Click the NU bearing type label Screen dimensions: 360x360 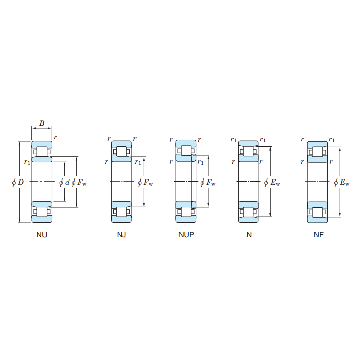click(x=42, y=235)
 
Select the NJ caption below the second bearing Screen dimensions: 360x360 click(x=121, y=235)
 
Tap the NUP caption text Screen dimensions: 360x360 click(x=186, y=235)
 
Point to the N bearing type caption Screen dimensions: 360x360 click(x=249, y=235)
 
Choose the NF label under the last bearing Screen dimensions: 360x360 click(x=319, y=235)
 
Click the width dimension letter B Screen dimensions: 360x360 click(x=42, y=123)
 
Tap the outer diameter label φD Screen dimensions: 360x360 click(x=18, y=183)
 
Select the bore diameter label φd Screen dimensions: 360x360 click(x=64, y=183)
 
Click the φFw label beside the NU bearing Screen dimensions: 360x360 click(x=79, y=183)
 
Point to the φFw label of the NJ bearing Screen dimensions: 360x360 click(x=145, y=183)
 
